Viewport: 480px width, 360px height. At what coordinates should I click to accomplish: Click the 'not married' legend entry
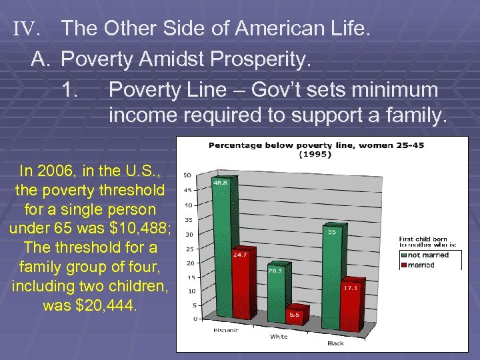point(427,255)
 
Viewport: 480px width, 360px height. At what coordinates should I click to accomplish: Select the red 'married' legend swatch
point(403,265)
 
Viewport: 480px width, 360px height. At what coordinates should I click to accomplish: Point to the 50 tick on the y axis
point(189,175)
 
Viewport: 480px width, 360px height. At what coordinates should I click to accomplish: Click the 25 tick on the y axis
point(189,249)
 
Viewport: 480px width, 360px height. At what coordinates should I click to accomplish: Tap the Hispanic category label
point(227,331)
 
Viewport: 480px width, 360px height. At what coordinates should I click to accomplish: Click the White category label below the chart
point(279,337)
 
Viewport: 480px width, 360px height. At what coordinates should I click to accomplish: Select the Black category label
point(335,343)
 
